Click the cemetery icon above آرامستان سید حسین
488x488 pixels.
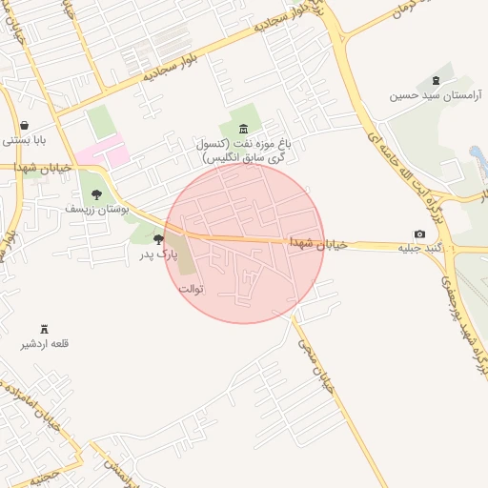[x=437, y=80]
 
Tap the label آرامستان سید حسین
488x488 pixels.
[x=437, y=96]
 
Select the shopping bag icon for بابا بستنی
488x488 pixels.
[x=24, y=125]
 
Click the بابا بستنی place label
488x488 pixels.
[x=24, y=140]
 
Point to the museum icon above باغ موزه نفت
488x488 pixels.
[x=244, y=129]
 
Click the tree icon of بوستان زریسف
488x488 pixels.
[x=96, y=193]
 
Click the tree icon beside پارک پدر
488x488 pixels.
[x=158, y=239]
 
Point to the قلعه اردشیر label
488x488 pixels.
[x=46, y=343]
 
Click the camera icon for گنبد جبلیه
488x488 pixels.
[x=420, y=234]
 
